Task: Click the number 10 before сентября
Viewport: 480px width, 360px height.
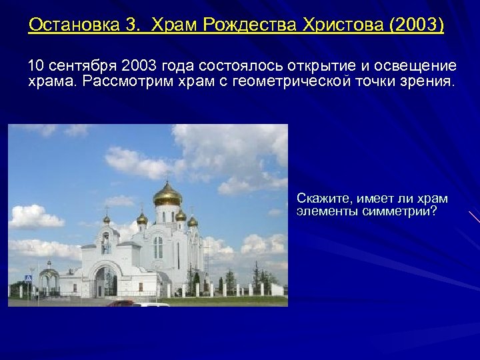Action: (x=36, y=66)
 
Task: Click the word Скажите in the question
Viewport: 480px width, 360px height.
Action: (x=324, y=199)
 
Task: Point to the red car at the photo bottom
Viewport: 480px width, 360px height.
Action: (x=120, y=303)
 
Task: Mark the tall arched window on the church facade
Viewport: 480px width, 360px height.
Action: (x=158, y=247)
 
